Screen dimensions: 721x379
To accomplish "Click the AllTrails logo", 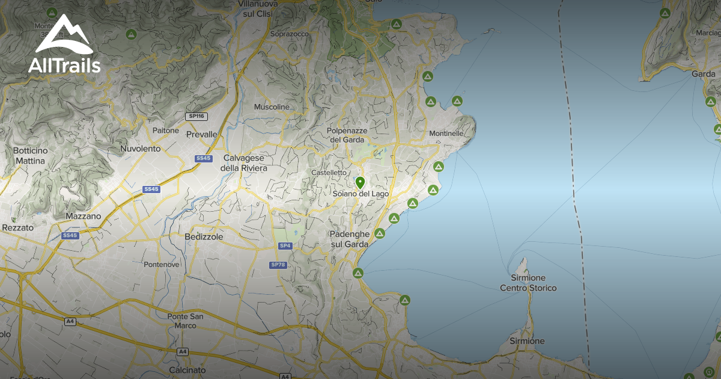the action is pyautogui.click(x=64, y=45).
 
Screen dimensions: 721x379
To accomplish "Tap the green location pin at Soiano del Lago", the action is pyautogui.click(x=360, y=182).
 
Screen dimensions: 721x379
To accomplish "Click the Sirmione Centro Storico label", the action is pyautogui.click(x=528, y=283).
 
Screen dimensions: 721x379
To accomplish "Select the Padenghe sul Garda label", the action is pyautogui.click(x=348, y=239).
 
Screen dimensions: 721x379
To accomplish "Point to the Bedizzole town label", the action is pyautogui.click(x=204, y=237).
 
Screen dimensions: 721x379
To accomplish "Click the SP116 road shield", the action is pyautogui.click(x=196, y=116).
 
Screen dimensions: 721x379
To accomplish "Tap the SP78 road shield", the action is pyautogui.click(x=278, y=265).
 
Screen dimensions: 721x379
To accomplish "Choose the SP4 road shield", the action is pyautogui.click(x=285, y=245).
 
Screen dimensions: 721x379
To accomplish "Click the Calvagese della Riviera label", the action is pyautogui.click(x=245, y=163).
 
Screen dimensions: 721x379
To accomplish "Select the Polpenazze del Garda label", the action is pyautogui.click(x=347, y=135).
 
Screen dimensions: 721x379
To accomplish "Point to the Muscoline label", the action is pyautogui.click(x=272, y=107).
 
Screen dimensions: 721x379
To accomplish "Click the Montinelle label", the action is pyautogui.click(x=446, y=133).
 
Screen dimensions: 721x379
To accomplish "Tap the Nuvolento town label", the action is pyautogui.click(x=141, y=148).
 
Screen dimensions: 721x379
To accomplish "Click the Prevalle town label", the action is pyautogui.click(x=201, y=134).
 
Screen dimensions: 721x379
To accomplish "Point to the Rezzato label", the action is pyautogui.click(x=19, y=228).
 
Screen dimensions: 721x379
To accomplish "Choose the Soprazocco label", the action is pyautogui.click(x=290, y=35).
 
